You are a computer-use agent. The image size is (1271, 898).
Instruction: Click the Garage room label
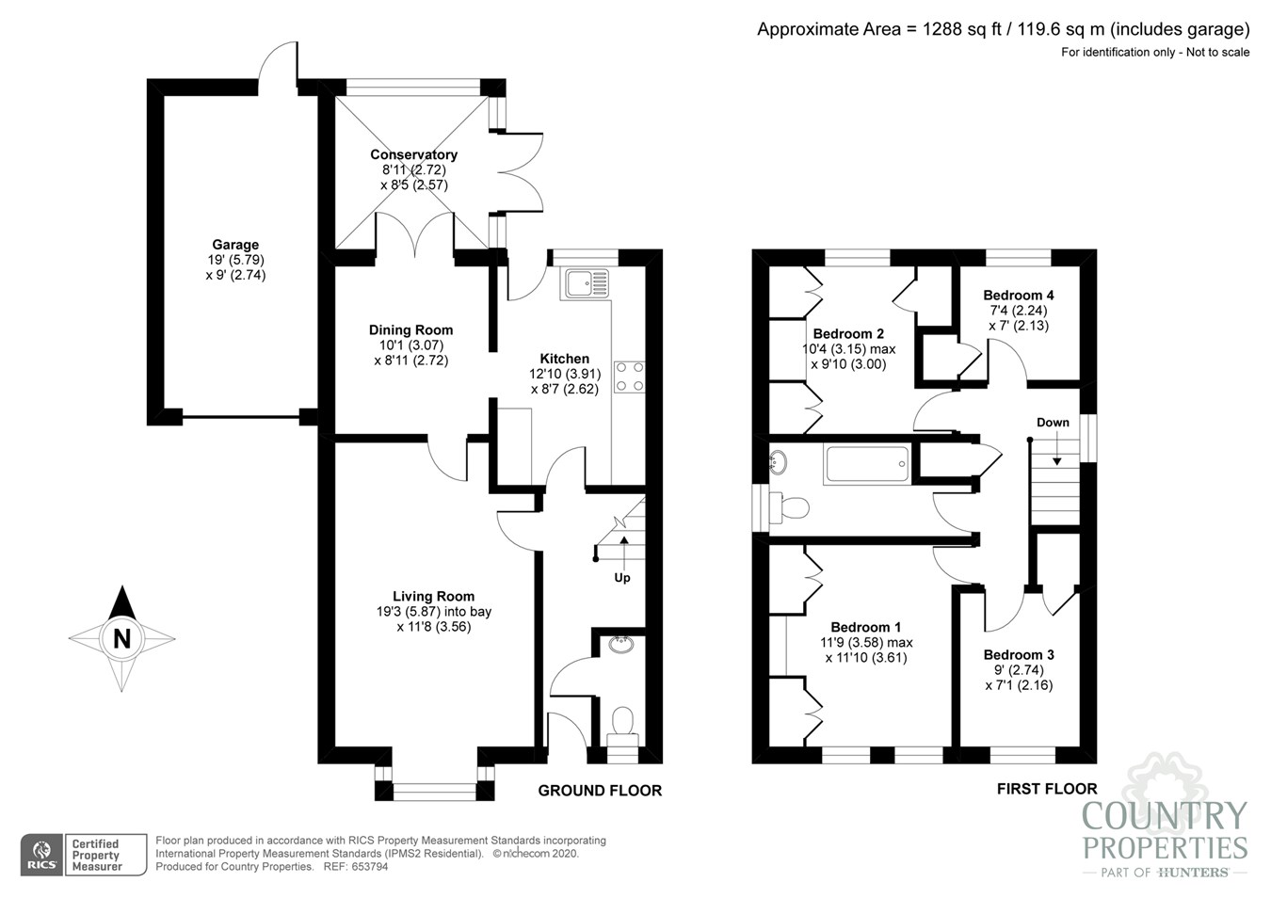click(x=234, y=245)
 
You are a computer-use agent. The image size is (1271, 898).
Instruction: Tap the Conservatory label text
click(x=413, y=154)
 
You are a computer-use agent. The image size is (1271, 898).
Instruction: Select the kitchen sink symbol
click(x=585, y=281)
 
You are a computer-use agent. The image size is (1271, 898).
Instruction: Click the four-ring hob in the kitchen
click(x=630, y=377)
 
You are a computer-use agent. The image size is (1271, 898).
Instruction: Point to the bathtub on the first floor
click(x=866, y=464)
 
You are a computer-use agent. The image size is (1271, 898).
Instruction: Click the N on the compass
click(x=121, y=638)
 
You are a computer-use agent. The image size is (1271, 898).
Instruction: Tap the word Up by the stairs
click(x=622, y=577)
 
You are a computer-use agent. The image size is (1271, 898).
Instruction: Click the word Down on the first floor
click(x=1053, y=423)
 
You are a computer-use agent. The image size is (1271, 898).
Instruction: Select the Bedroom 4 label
click(x=1018, y=295)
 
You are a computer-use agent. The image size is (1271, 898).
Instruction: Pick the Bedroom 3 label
click(x=1019, y=654)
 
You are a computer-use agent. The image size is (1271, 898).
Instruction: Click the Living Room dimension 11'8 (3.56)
click(x=433, y=626)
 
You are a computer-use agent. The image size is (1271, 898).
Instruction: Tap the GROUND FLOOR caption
click(x=600, y=791)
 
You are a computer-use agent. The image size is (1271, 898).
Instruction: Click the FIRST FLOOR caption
click(x=1047, y=789)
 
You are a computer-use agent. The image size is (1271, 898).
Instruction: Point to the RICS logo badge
click(x=41, y=855)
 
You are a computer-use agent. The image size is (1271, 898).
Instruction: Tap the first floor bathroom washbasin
click(x=778, y=462)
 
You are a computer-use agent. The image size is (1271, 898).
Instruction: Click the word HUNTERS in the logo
click(x=1192, y=873)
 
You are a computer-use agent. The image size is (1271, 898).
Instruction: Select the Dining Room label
click(x=410, y=329)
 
